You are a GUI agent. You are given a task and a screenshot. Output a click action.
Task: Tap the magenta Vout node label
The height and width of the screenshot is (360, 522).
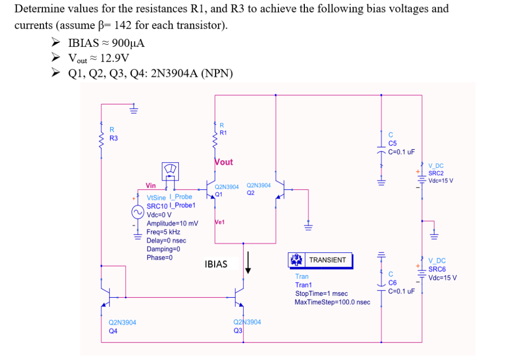224,162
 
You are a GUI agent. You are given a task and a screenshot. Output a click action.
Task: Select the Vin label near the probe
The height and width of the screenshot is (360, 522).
151,186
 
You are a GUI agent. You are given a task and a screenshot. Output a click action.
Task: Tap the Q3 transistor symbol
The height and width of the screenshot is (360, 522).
240,296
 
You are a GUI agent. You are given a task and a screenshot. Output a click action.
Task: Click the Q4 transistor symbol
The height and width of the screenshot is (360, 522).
107,296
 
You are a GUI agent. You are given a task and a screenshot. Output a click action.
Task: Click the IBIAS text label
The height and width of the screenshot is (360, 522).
216,264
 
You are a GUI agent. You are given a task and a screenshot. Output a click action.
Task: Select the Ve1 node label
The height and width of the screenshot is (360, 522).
220,222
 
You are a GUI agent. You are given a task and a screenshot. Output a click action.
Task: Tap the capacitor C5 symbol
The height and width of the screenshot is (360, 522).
381,151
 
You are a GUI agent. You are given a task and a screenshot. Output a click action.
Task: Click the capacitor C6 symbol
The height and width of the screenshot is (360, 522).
381,285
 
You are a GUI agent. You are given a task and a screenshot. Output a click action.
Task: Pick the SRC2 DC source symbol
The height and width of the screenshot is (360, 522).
422,175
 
